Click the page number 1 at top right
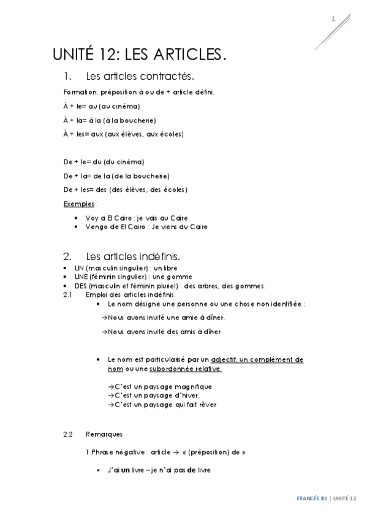click(333, 19)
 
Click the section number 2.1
click(68, 295)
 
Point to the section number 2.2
click(68, 434)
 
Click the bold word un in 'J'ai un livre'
click(125, 470)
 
